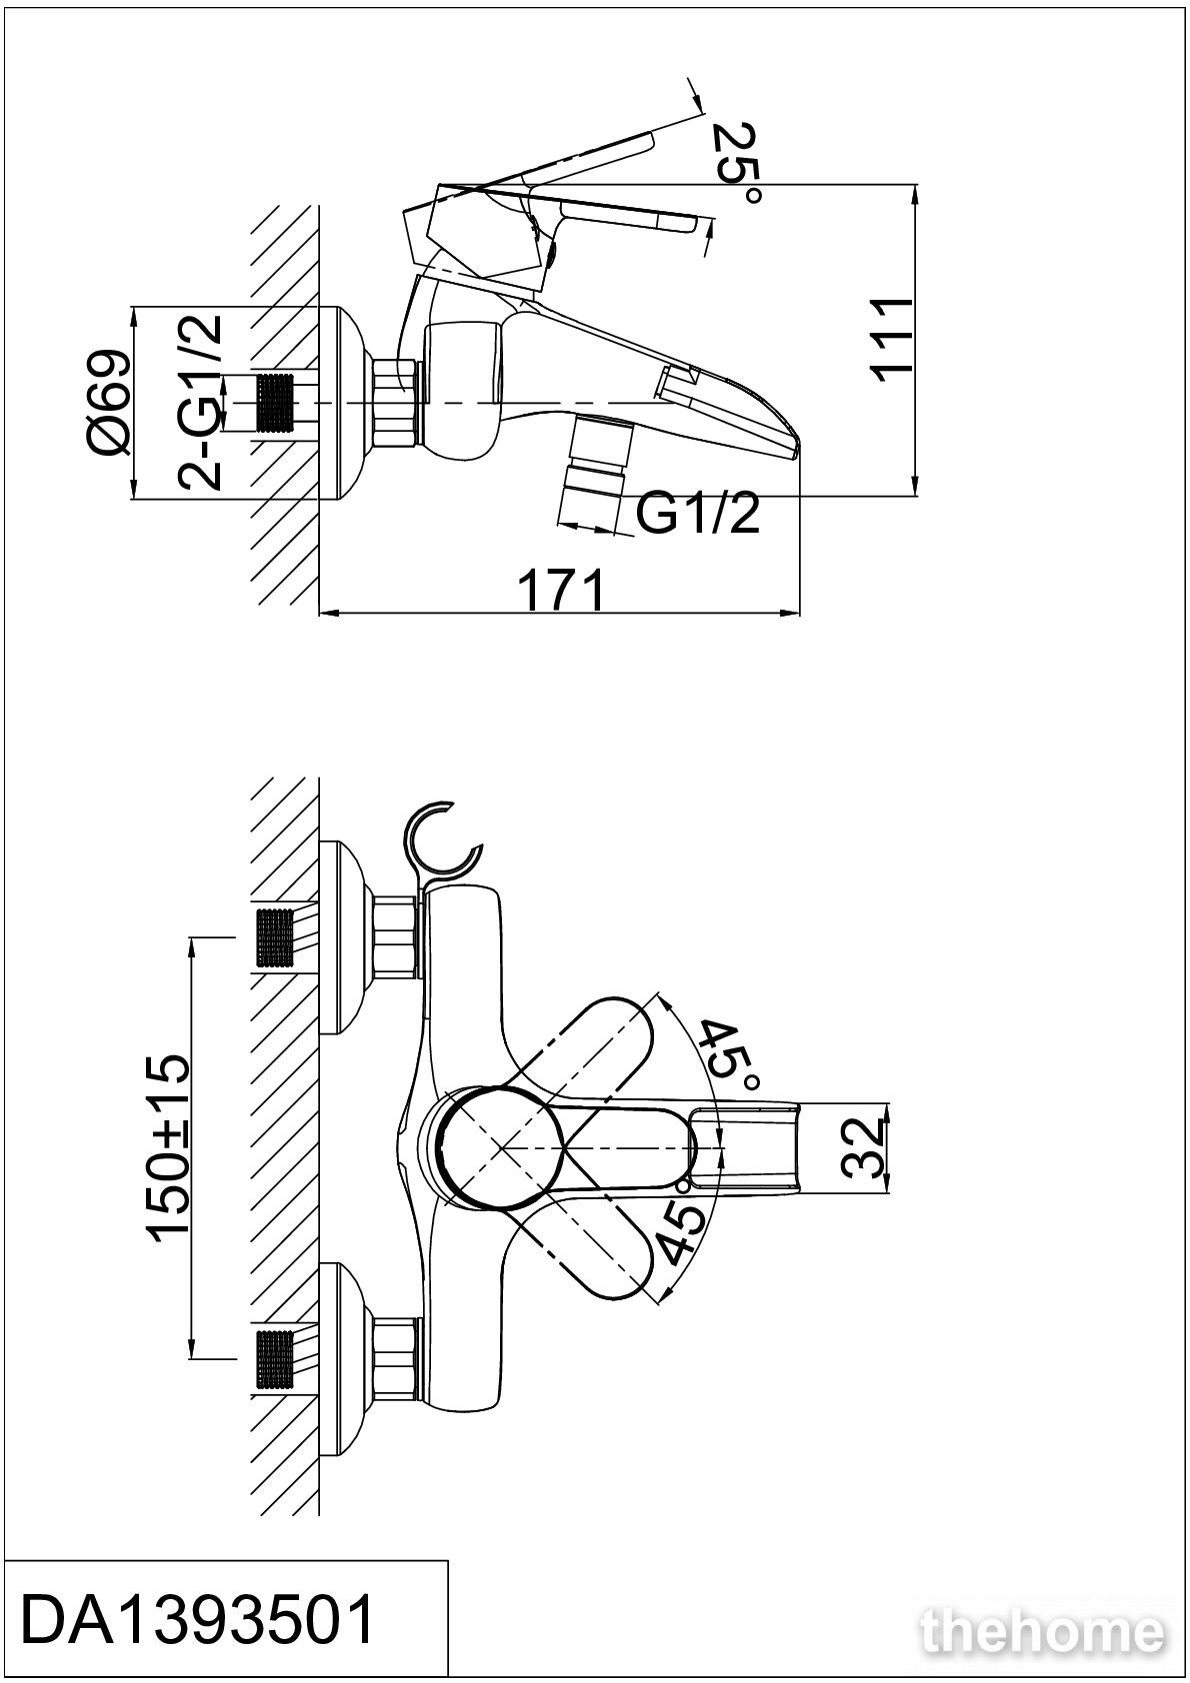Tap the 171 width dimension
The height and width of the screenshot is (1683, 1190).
pyautogui.click(x=562, y=591)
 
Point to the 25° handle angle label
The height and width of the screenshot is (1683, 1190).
pyautogui.click(x=737, y=165)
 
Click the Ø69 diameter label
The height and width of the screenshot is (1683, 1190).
pyautogui.click(x=109, y=403)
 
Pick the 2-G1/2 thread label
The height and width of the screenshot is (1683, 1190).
pyautogui.click(x=201, y=403)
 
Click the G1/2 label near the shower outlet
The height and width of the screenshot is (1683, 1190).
pyautogui.click(x=698, y=515)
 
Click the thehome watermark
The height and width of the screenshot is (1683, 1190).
pyautogui.click(x=1043, y=1630)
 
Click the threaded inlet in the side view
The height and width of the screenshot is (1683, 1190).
pyautogui.click(x=276, y=403)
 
